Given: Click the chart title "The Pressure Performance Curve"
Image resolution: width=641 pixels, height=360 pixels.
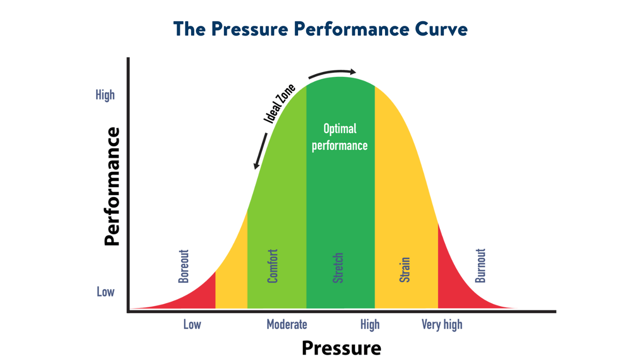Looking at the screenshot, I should pyautogui.click(x=320, y=29).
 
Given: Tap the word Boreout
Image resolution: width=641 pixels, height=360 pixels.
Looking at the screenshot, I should pyautogui.click(x=183, y=266).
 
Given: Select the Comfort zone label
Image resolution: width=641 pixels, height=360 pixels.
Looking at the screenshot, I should pyautogui.click(x=272, y=266).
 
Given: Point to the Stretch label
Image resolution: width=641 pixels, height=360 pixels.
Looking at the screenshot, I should pyautogui.click(x=338, y=268).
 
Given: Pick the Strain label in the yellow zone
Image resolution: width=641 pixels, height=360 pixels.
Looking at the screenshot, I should pyautogui.click(x=405, y=269).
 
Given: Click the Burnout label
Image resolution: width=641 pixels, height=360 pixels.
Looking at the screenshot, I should pyautogui.click(x=480, y=265).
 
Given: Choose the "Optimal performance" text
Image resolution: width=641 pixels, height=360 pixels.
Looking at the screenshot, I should pyautogui.click(x=340, y=137).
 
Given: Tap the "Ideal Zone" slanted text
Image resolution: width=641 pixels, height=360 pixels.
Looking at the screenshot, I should pyautogui.click(x=280, y=104).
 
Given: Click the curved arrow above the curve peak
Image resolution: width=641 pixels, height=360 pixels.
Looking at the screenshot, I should pyautogui.click(x=332, y=73).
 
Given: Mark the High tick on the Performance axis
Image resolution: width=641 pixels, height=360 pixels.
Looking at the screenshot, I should pyautogui.click(x=105, y=95).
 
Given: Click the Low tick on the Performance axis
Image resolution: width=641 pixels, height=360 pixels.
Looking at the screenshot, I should pyautogui.click(x=106, y=291).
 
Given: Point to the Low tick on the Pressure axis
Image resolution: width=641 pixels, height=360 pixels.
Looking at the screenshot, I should pyautogui.click(x=192, y=325).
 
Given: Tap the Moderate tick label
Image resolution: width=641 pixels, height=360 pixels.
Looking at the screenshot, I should pyautogui.click(x=287, y=325).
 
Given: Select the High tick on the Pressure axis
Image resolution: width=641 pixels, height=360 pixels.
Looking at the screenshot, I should pyautogui.click(x=370, y=325).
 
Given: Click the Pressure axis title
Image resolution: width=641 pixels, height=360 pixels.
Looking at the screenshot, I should pyautogui.click(x=341, y=348).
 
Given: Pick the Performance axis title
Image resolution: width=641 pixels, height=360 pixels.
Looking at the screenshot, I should pyautogui.click(x=112, y=186).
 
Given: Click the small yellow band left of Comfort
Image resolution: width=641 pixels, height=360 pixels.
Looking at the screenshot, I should pyautogui.click(x=232, y=282).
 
